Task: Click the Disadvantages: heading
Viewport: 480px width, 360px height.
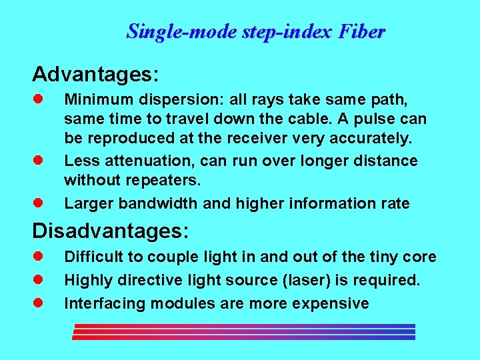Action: click(x=111, y=231)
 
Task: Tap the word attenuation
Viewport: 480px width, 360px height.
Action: click(x=139, y=161)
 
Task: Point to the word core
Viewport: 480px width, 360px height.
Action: click(x=422, y=257)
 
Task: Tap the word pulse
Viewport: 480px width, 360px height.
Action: click(x=377, y=119)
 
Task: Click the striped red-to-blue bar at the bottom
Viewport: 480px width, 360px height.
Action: click(x=244, y=331)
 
